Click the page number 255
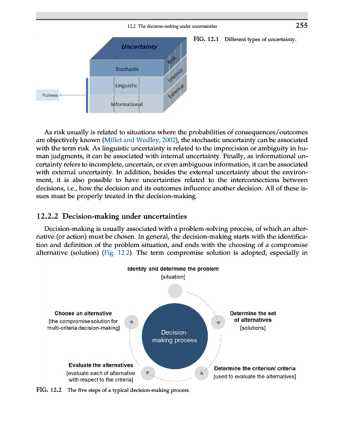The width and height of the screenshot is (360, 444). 302,25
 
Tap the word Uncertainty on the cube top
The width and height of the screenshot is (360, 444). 139,47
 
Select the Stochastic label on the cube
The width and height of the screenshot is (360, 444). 127,69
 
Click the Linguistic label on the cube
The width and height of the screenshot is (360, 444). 126,85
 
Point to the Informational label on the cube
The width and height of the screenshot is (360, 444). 127,104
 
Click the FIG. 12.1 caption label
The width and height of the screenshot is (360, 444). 206,41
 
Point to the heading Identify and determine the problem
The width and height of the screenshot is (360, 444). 173,269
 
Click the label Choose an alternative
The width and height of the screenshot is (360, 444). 83,314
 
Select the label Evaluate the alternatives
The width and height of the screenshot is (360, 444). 101,365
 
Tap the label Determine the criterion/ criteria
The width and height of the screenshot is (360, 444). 255,369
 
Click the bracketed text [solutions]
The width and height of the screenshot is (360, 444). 253,328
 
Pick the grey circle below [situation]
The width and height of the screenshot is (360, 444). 175,290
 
